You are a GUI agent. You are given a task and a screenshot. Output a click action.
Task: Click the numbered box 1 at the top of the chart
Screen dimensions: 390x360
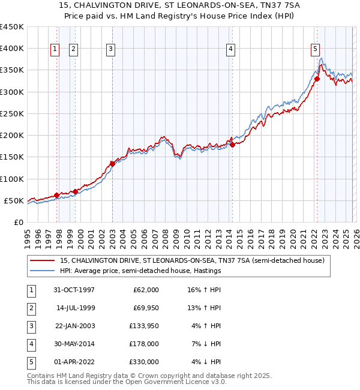click(55, 49)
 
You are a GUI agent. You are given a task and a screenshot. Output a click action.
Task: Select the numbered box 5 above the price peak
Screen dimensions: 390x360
click(316, 49)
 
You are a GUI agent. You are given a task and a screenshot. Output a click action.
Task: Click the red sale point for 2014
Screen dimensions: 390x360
click(232, 145)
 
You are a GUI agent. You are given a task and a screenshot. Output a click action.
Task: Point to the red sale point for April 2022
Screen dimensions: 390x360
click(317, 79)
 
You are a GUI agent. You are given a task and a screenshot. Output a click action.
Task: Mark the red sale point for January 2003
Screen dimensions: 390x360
click(112, 163)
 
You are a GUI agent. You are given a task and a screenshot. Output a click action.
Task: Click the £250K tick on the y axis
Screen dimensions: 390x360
click(12, 113)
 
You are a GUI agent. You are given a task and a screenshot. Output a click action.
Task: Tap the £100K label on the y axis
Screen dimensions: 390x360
click(12, 179)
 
